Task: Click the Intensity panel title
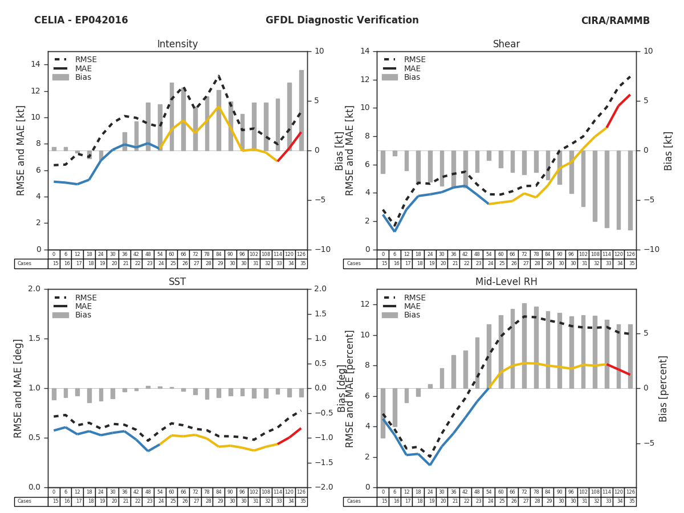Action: point(177,44)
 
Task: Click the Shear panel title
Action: point(506,44)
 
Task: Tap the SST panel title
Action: point(177,282)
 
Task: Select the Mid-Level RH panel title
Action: point(506,282)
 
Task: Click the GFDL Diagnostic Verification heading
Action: point(342,21)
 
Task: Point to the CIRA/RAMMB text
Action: point(615,21)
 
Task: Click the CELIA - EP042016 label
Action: point(81,21)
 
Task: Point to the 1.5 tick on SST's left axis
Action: point(37,339)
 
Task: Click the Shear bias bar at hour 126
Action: point(630,190)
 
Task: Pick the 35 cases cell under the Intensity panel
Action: point(301,264)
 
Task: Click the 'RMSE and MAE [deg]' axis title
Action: point(19,388)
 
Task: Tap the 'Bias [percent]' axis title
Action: point(663,388)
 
